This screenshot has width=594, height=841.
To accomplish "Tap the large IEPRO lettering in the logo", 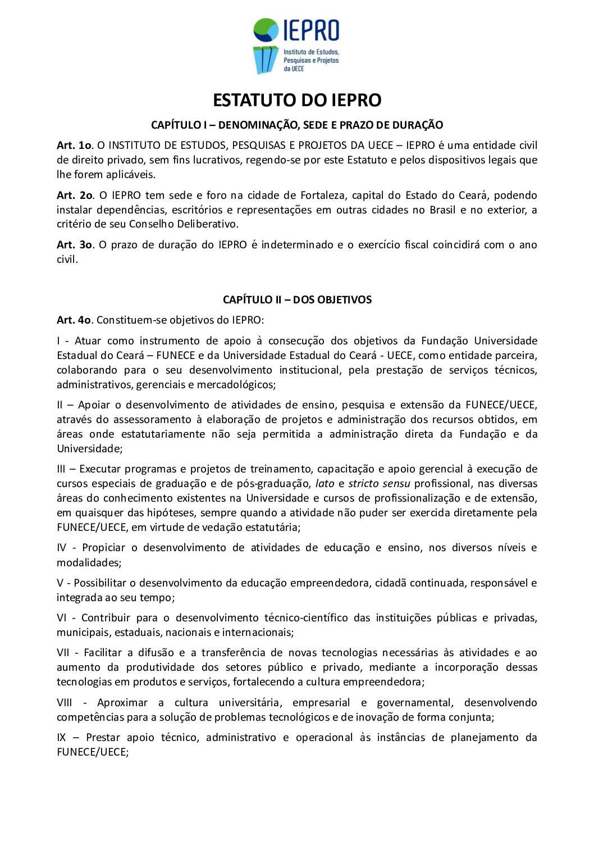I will click(x=311, y=30).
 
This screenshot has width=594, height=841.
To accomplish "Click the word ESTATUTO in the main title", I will click(x=255, y=100).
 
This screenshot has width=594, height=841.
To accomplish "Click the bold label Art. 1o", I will click(x=74, y=145).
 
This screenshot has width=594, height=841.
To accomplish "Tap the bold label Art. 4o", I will click(x=74, y=320).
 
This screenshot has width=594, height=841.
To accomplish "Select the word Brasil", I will click(x=442, y=210).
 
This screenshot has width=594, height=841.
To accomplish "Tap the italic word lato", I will click(x=325, y=483).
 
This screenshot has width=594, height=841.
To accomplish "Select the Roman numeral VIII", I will click(x=65, y=702).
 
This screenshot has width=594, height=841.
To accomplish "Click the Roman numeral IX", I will click(x=61, y=737).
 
